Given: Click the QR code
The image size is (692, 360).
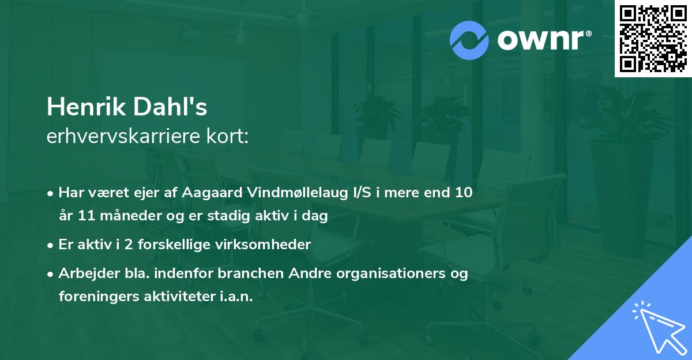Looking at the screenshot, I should pos(653,38).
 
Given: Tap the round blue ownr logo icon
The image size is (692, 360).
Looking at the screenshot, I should pos(469,40).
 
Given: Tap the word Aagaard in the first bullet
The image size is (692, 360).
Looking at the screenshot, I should pos(205,192).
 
